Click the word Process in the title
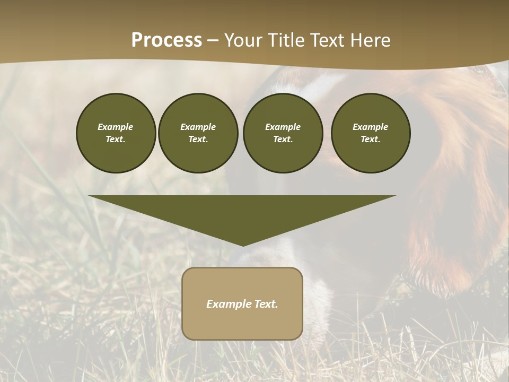(x=166, y=40)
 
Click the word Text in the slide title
(x=327, y=40)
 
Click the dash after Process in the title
(x=213, y=41)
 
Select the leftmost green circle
(x=116, y=133)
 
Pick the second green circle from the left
(x=198, y=133)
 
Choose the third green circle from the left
(x=283, y=133)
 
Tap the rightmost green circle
(x=371, y=133)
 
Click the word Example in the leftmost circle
(x=116, y=127)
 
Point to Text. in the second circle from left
(x=198, y=140)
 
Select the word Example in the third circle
(x=283, y=127)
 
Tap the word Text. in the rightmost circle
(x=371, y=140)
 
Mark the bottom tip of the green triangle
(x=243, y=245)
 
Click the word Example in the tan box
(x=227, y=304)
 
